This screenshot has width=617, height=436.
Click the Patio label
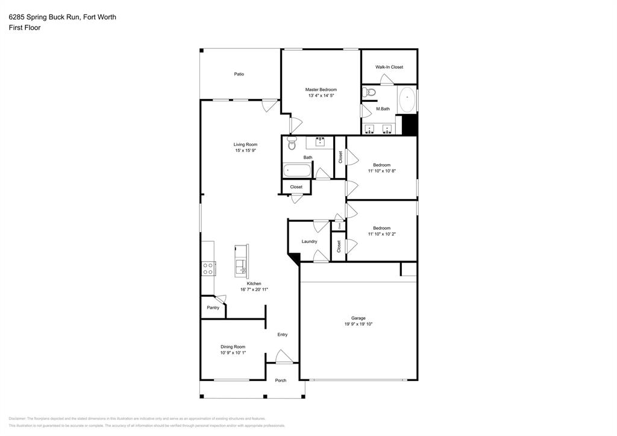tap(239, 74)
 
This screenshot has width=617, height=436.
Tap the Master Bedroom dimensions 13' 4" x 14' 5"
tap(321, 95)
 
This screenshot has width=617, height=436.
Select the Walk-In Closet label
tap(389, 67)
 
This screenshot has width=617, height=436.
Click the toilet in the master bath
tap(370, 92)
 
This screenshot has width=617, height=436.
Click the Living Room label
tap(246, 144)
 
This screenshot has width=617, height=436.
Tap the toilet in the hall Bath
tap(292, 144)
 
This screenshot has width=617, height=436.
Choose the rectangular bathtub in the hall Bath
tap(297, 170)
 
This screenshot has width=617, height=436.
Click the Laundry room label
tap(309, 241)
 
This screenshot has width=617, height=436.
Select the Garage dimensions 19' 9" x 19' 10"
tap(359, 324)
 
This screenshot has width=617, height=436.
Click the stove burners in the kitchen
tap(208, 268)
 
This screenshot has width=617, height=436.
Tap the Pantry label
tap(213, 308)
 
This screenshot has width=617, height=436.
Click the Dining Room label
tap(233, 347)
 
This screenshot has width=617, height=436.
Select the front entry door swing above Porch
tap(283, 356)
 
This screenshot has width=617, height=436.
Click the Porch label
tap(281, 381)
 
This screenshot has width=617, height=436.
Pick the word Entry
tap(282, 335)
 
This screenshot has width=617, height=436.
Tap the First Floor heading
tap(25, 28)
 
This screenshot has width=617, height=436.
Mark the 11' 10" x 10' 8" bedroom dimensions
tap(381, 171)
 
